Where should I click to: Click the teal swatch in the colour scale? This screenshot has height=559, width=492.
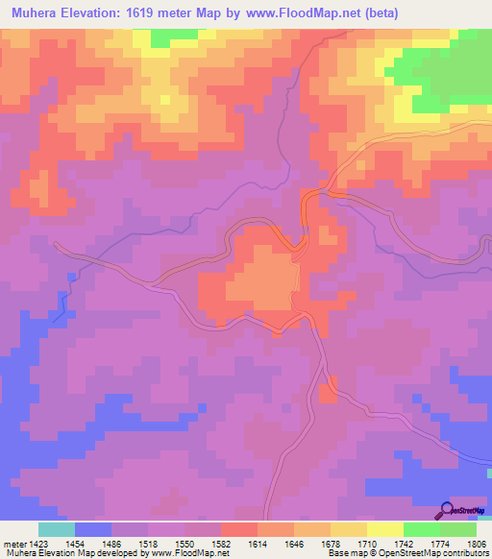(x=56, y=529)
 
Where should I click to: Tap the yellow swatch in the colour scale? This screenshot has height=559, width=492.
(x=383, y=529)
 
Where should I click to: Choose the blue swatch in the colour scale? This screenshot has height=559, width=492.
(x=92, y=529)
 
